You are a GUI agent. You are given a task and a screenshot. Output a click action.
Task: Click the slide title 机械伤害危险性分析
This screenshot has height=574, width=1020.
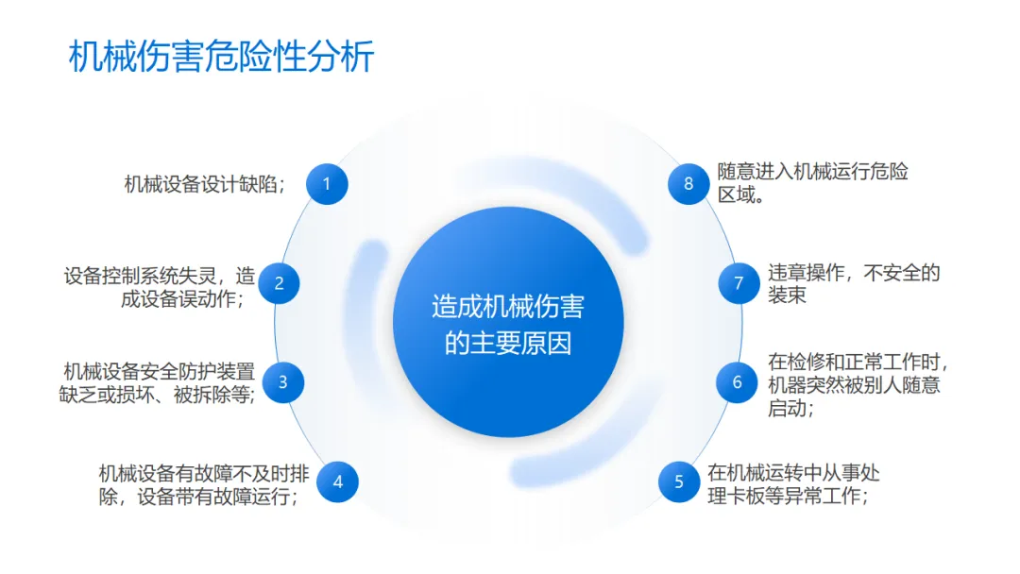(222, 57)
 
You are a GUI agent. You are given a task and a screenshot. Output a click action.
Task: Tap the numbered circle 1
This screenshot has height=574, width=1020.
(327, 184)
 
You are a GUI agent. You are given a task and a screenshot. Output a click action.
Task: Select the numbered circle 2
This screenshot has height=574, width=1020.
(279, 282)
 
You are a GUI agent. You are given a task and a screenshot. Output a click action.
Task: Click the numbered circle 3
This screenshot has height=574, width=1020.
(282, 382)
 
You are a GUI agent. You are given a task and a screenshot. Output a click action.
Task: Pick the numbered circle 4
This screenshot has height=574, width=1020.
(337, 482)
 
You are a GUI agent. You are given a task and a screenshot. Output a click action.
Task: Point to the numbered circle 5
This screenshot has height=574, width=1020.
(678, 482)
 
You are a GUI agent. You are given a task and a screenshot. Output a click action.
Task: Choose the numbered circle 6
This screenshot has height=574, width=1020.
(738, 382)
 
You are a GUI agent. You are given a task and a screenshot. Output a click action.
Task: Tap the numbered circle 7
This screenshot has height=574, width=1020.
(739, 282)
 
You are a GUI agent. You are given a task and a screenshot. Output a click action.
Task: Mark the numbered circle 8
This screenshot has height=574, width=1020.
(688, 184)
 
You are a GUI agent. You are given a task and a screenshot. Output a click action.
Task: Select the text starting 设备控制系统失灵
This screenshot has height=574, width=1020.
(160, 287)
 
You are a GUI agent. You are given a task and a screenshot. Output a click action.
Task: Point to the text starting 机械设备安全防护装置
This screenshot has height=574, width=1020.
(160, 383)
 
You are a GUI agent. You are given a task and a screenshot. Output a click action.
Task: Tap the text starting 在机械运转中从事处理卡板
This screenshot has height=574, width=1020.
(793, 484)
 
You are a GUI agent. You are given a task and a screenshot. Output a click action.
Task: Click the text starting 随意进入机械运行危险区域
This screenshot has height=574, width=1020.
(812, 184)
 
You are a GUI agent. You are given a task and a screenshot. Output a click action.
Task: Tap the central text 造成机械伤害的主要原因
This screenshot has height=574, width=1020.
(508, 324)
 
